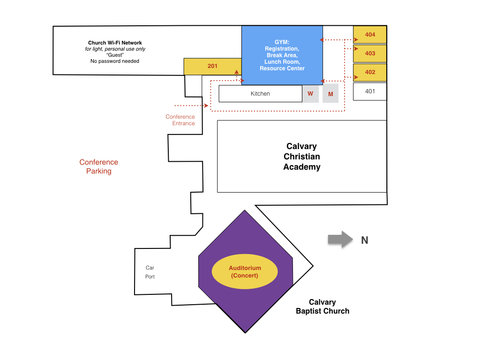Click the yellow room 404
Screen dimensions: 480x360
tap(370, 35)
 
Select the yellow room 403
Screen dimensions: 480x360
tap(370, 53)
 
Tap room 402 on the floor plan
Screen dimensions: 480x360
tap(370, 72)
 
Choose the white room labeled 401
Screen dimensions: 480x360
tap(370, 91)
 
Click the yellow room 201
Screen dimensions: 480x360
tap(212, 66)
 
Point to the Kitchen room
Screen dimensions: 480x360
tap(260, 94)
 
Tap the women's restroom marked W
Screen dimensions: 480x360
tap(310, 94)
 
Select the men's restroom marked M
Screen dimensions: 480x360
tap(330, 94)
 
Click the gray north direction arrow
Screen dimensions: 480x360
tap(340, 240)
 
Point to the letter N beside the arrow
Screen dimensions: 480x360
tap(365, 240)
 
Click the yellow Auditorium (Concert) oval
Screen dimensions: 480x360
tap(245, 271)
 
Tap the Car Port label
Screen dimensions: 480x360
tap(150, 272)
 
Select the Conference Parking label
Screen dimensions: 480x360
tap(98, 166)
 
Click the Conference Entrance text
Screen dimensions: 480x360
tap(180, 120)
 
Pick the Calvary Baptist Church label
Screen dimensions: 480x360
tap(322, 307)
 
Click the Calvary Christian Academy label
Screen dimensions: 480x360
tap(301, 157)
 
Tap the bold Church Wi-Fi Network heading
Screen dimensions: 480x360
tap(115, 43)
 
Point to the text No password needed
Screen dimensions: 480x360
tap(115, 61)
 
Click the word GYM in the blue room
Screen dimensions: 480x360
tap(281, 42)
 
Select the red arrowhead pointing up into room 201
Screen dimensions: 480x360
tap(237, 72)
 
